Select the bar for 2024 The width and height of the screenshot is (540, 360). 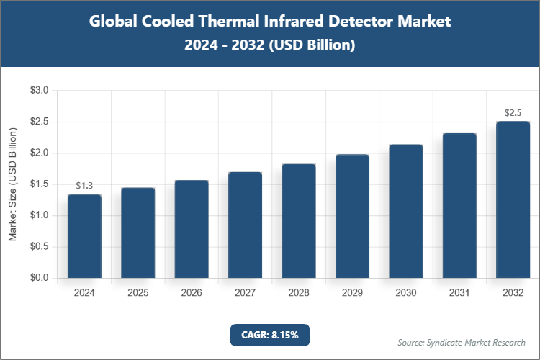point(84,236)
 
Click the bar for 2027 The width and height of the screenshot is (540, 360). point(245,225)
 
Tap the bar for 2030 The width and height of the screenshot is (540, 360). point(406,211)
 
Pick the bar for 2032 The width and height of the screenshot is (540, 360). point(513,199)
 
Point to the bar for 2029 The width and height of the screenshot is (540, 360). point(352,216)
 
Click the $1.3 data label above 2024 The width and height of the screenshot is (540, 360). point(84,186)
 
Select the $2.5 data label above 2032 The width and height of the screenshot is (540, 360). point(513,112)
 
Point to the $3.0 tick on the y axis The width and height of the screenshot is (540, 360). point(38,91)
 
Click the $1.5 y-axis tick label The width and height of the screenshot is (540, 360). point(38,184)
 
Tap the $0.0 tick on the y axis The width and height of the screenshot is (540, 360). point(38,278)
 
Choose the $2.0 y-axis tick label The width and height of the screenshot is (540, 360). point(38,153)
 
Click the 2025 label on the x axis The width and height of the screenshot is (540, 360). point(138,293)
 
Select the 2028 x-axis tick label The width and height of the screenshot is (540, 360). point(299,293)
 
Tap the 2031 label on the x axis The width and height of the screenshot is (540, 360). point(459,293)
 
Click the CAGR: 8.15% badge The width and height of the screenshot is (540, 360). point(270,335)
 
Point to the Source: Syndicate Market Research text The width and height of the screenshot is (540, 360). point(461,342)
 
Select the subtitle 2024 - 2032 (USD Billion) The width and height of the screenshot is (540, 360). point(270,45)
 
